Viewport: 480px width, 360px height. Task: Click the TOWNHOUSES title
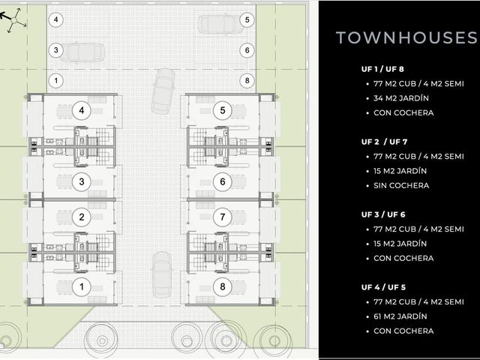click(406, 37)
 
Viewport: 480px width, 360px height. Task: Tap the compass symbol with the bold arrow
click(13, 20)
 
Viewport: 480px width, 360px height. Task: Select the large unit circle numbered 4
click(82, 110)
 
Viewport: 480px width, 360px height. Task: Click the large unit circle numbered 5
click(223, 110)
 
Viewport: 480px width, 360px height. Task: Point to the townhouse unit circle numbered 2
click(82, 217)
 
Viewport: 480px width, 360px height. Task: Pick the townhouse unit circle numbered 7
click(223, 217)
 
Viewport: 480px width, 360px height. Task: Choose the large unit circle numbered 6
click(223, 181)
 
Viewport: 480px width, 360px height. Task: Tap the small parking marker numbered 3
click(55, 50)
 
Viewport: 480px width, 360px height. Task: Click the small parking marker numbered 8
click(247, 81)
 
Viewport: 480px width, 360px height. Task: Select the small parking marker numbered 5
click(247, 20)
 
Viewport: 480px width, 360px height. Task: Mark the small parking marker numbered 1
click(55, 81)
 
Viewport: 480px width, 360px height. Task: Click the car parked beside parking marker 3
click(82, 52)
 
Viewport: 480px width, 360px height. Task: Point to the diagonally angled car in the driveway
click(163, 91)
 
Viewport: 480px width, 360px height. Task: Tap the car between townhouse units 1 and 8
click(162, 274)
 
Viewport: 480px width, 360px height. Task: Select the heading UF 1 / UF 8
click(382, 69)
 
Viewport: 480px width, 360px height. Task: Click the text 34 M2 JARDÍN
click(401, 98)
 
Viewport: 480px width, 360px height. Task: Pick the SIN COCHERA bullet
click(401, 185)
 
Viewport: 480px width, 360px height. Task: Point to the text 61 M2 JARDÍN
click(400, 316)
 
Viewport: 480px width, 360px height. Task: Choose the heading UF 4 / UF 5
click(383, 287)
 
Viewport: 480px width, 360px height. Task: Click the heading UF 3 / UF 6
click(383, 214)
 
